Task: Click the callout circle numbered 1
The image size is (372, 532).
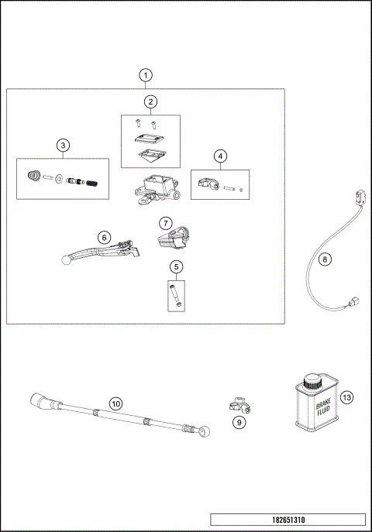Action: click(x=146, y=75)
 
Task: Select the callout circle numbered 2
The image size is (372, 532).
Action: click(x=150, y=101)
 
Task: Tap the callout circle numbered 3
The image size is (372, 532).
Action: click(x=63, y=145)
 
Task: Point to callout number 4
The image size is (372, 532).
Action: click(x=221, y=156)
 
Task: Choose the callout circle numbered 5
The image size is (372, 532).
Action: click(x=177, y=267)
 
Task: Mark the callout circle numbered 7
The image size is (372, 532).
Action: click(x=165, y=222)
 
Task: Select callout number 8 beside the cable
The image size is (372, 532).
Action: click(x=325, y=259)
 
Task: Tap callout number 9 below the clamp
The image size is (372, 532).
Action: click(x=239, y=422)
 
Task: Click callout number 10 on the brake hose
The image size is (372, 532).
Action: click(x=115, y=403)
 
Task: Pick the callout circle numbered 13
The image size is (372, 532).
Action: click(x=346, y=397)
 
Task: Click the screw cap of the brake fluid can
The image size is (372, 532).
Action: click(x=312, y=381)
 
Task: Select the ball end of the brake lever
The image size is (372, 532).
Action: click(x=67, y=261)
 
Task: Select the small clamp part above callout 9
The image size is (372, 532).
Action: click(x=239, y=404)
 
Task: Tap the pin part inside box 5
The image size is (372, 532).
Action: click(x=174, y=295)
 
